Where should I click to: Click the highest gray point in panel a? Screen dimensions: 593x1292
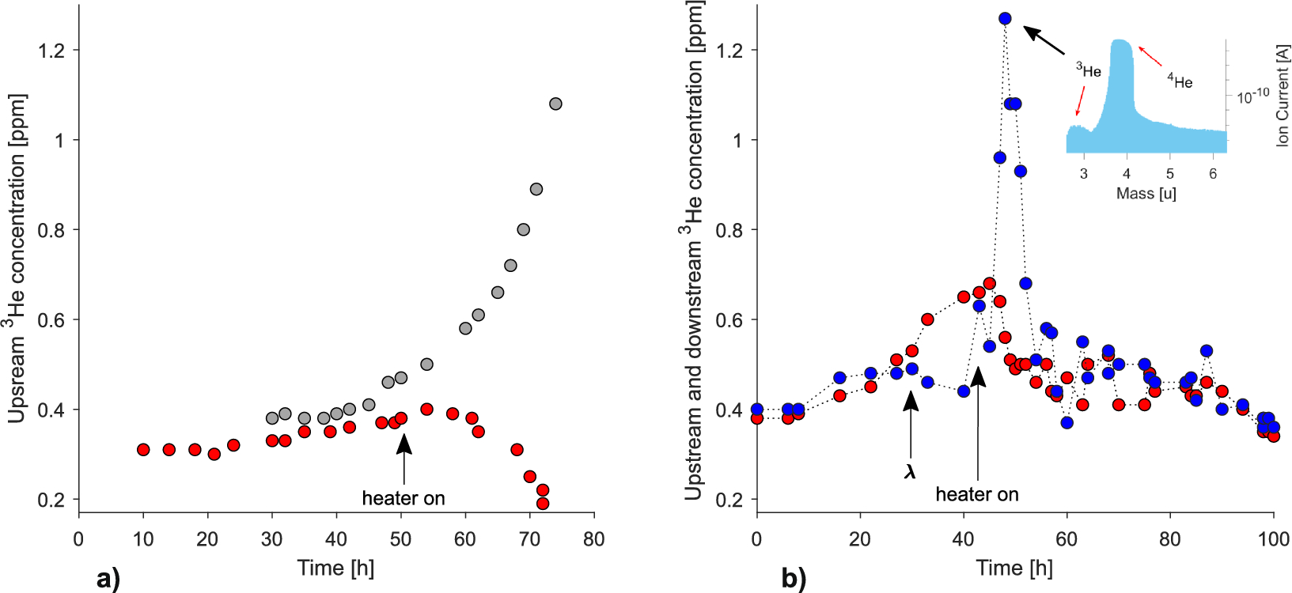555,104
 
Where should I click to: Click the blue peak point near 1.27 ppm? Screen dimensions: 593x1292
1005,18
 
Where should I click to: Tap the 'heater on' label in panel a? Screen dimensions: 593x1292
404,498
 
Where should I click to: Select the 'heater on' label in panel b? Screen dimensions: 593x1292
977,494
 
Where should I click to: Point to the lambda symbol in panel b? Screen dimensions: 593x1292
910,472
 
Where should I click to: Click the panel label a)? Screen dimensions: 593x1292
108,579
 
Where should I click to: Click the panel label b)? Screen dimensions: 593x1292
794,579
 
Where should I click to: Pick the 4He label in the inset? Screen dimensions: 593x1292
1180,81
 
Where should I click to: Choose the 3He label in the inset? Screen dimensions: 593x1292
1089,70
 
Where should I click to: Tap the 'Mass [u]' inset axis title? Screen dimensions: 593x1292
1146,194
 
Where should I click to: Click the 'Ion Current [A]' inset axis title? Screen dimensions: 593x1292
1282,95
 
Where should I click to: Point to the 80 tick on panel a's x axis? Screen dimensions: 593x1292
593,539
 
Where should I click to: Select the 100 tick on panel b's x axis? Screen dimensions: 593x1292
1273,539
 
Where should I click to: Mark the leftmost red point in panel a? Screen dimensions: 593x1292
143,449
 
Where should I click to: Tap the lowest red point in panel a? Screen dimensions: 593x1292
543,504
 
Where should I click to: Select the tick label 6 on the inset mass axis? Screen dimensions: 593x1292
1213,174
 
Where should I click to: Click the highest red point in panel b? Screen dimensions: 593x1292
989,284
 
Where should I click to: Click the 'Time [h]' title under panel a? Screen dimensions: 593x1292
335,568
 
